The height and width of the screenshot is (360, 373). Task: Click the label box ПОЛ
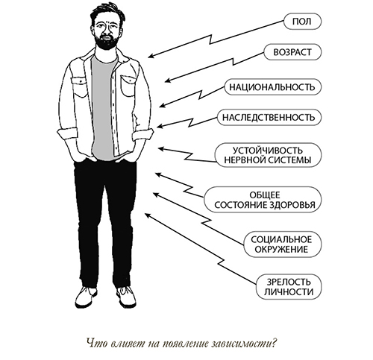(x=302, y=22)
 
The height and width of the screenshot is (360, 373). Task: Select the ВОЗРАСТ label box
(x=292, y=52)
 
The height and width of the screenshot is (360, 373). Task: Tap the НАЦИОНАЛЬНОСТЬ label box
(x=272, y=87)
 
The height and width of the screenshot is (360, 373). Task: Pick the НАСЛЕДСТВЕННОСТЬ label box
(x=269, y=117)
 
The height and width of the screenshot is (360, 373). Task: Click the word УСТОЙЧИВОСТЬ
(x=268, y=151)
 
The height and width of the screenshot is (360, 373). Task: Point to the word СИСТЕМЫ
(x=289, y=160)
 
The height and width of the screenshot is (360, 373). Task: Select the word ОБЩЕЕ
(x=265, y=195)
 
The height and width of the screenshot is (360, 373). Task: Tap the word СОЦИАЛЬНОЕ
(x=281, y=239)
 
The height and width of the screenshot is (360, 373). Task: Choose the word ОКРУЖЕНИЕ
(x=281, y=249)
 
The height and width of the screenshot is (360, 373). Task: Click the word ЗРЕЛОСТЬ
(x=289, y=282)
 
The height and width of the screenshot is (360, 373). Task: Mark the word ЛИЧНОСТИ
(x=289, y=291)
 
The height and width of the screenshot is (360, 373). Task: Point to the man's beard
(x=106, y=42)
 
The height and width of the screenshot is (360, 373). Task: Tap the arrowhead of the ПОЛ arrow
(x=151, y=57)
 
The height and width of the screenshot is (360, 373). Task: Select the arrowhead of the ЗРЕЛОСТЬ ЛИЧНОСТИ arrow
(x=147, y=215)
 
